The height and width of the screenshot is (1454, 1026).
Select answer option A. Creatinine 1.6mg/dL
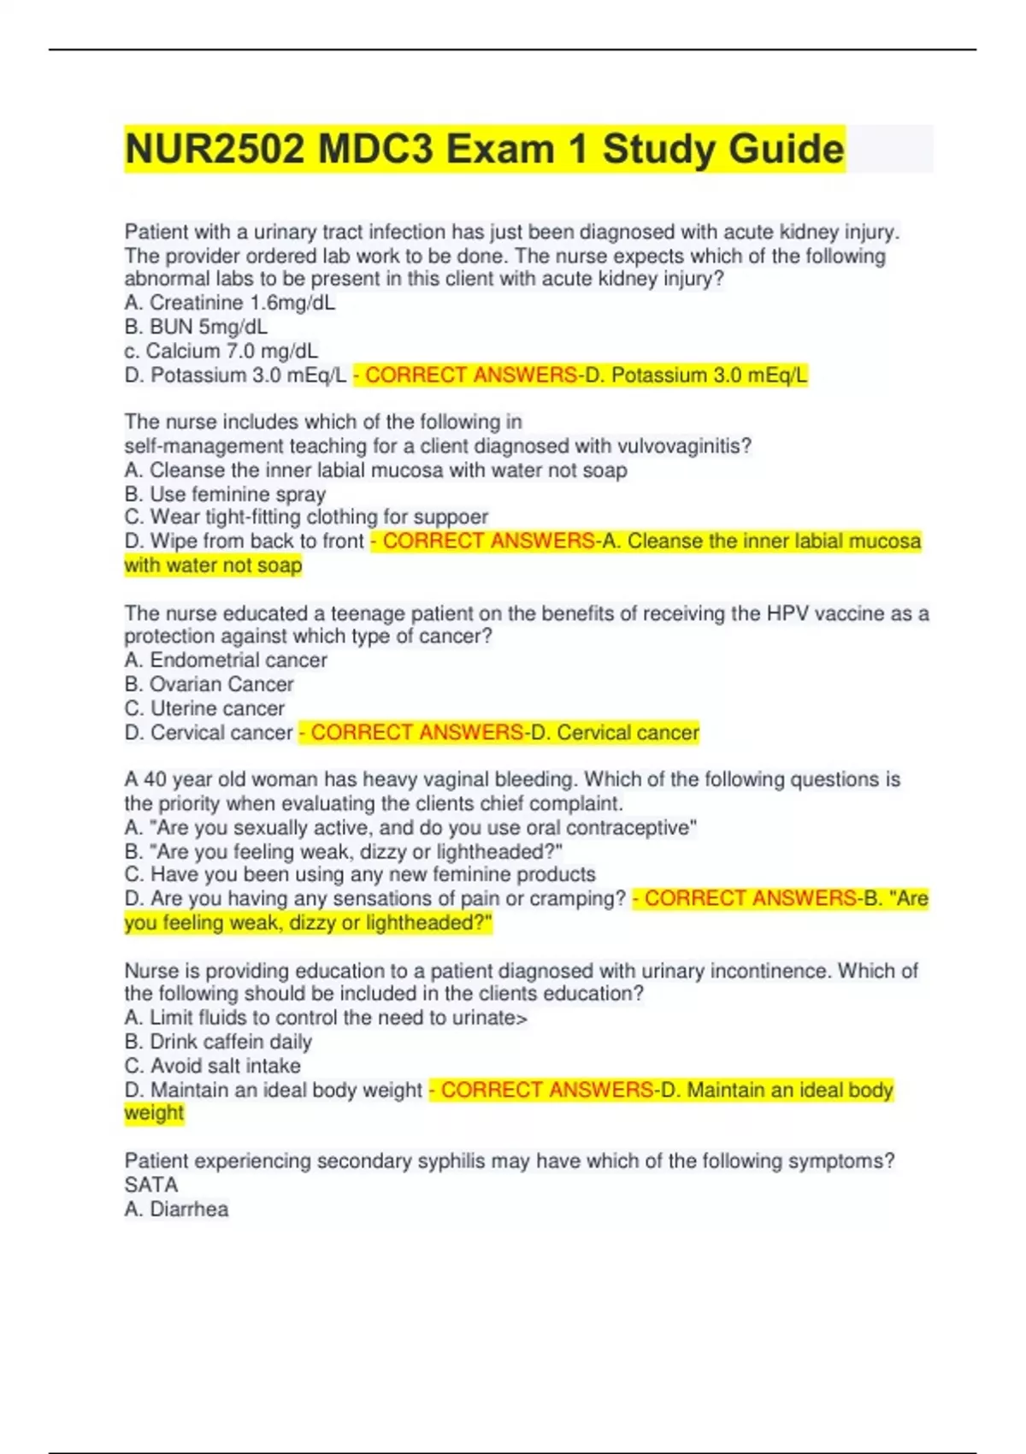(x=229, y=303)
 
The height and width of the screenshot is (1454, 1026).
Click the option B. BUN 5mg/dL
(x=196, y=327)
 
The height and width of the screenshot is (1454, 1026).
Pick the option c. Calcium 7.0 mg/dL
(x=221, y=351)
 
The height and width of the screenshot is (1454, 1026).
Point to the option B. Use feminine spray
(x=225, y=494)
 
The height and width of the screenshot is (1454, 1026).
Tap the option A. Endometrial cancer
(x=226, y=660)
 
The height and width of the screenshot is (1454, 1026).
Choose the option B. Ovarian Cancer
(x=209, y=684)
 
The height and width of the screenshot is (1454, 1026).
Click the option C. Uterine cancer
(x=204, y=708)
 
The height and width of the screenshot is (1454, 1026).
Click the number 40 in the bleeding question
(x=155, y=780)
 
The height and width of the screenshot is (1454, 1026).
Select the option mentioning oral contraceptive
(x=410, y=828)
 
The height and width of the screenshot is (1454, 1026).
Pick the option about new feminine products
(x=360, y=874)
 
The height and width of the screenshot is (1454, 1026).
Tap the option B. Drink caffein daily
(x=218, y=1042)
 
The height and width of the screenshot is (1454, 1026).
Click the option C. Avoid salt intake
(x=212, y=1066)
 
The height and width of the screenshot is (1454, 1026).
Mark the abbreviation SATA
(x=151, y=1185)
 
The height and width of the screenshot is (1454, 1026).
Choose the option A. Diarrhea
(x=176, y=1209)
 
